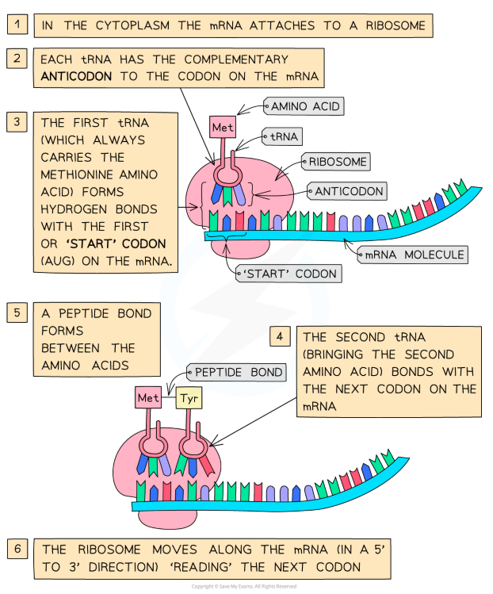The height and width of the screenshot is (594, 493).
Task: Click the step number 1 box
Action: click(x=17, y=25)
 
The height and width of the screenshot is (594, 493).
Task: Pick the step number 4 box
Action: click(x=278, y=335)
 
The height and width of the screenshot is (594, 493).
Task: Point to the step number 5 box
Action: click(x=17, y=313)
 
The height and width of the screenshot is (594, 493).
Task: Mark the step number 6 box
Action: click(x=17, y=549)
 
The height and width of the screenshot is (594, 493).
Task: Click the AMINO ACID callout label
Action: click(x=306, y=105)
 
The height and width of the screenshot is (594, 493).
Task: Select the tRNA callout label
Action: click(x=284, y=137)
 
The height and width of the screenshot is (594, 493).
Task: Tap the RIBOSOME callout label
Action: click(x=337, y=162)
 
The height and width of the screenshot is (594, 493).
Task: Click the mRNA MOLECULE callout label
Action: click(x=413, y=255)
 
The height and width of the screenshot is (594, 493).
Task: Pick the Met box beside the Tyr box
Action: click(x=148, y=397)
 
